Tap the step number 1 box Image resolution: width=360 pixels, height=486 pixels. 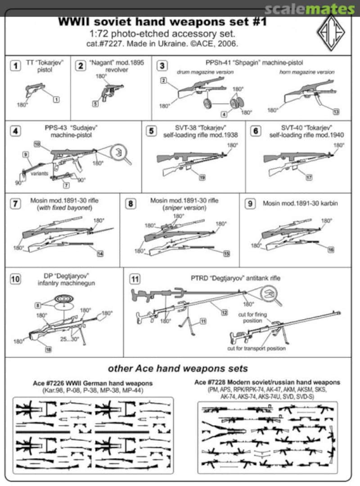(x=15, y=66)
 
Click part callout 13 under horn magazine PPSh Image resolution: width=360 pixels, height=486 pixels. (x=336, y=111)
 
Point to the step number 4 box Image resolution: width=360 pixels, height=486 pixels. (x=15, y=131)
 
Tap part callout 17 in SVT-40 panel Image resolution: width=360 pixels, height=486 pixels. (x=309, y=178)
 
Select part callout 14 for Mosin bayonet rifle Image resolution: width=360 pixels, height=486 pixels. (x=100, y=253)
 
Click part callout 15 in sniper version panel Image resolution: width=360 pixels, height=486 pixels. (x=226, y=253)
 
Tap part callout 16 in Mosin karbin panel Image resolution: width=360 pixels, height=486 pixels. (x=331, y=250)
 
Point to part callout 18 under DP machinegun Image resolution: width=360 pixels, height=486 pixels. (x=48, y=349)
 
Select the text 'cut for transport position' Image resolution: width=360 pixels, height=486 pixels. (x=256, y=348)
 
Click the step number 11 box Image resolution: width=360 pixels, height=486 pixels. (x=135, y=279)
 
